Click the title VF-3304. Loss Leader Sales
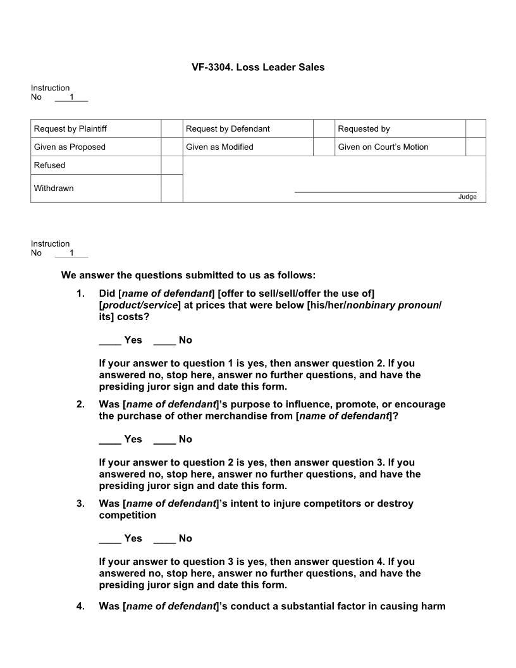tap(258, 67)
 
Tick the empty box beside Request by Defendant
tap(323, 129)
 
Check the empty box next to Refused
tap(171, 165)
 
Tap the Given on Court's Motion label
tap(383, 147)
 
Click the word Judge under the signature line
tap(467, 197)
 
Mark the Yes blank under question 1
tap(110, 340)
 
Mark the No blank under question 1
tap(164, 340)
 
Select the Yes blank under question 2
tap(110, 440)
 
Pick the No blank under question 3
tap(164, 539)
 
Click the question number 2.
tap(80, 405)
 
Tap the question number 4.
tap(80, 607)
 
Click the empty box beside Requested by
tap(476, 129)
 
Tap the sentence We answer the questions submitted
tap(188, 276)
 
